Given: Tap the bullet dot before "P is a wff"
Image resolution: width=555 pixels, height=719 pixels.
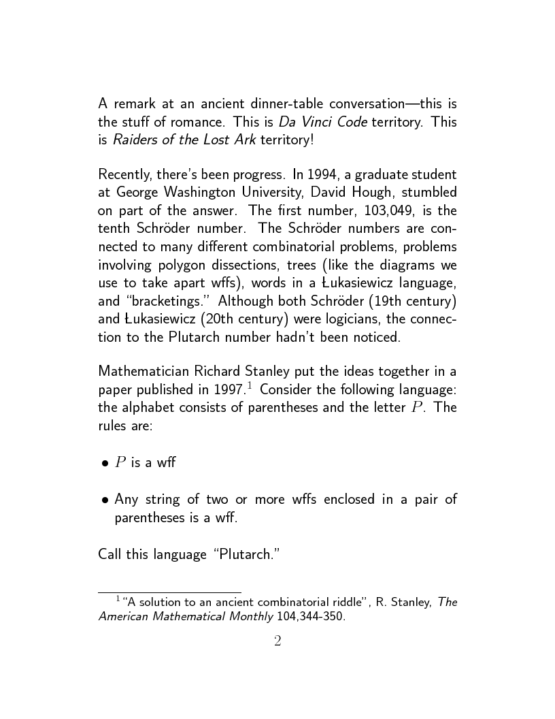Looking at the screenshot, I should click(105, 464).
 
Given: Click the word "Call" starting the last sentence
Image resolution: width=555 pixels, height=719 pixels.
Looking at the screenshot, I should click(110, 554).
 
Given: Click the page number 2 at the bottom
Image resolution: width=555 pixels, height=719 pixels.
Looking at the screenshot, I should click(277, 641).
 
